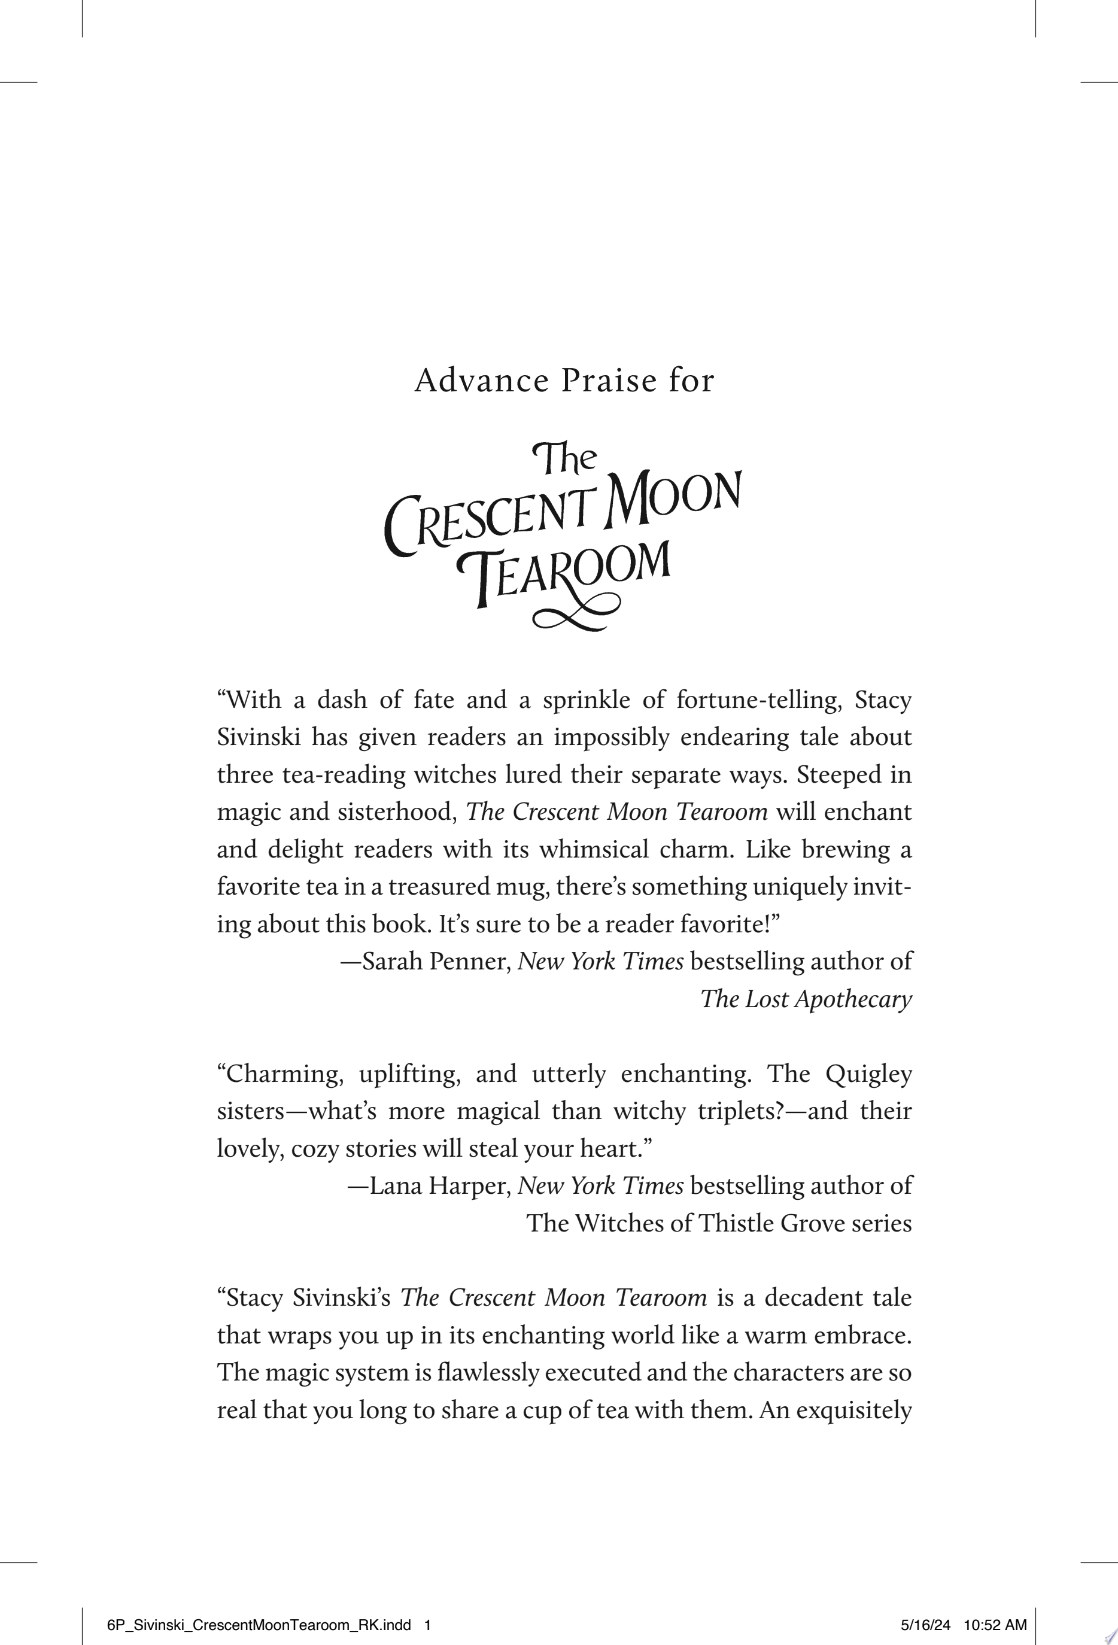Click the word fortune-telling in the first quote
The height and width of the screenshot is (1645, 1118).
coord(758,700)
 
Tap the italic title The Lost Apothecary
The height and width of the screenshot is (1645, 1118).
coord(806,999)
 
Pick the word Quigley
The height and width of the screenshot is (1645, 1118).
coord(868,1074)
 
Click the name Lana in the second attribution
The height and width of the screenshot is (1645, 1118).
coord(394,1185)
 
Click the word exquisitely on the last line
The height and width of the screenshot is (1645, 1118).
coord(854,1410)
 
